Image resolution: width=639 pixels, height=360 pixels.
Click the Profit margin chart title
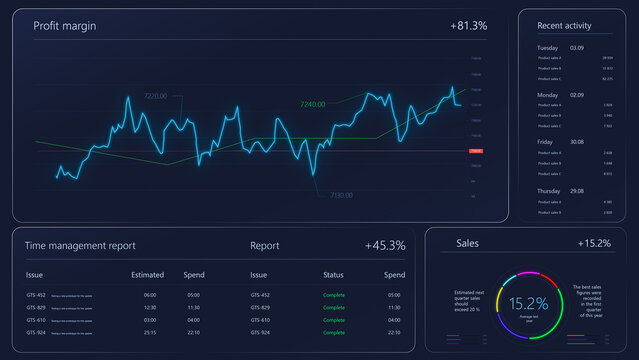(65, 26)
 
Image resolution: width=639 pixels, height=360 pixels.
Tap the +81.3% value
(468, 26)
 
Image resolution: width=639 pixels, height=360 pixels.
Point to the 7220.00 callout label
(155, 96)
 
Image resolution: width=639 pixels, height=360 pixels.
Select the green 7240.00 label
(312, 104)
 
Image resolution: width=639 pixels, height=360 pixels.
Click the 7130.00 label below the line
(339, 195)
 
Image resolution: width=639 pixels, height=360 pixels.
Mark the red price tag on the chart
(476, 150)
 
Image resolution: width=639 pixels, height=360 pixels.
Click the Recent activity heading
(564, 26)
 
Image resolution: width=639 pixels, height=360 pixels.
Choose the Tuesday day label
(547, 47)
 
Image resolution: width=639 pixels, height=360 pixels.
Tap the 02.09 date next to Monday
(577, 94)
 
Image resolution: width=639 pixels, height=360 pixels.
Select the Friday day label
(545, 142)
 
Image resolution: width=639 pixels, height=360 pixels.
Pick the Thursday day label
(549, 190)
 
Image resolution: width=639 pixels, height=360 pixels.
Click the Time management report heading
(80, 245)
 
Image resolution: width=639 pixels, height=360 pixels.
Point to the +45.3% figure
(385, 245)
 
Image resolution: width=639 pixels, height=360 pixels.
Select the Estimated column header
(147, 274)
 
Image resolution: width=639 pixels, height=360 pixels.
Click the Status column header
(333, 274)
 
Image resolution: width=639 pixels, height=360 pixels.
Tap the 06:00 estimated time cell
(150, 295)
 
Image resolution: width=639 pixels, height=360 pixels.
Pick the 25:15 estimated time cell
(150, 332)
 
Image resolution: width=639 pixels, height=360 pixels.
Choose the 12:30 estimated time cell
(150, 307)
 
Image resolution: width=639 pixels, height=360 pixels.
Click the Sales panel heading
(467, 243)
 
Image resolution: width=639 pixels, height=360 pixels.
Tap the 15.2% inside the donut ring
(529, 303)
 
